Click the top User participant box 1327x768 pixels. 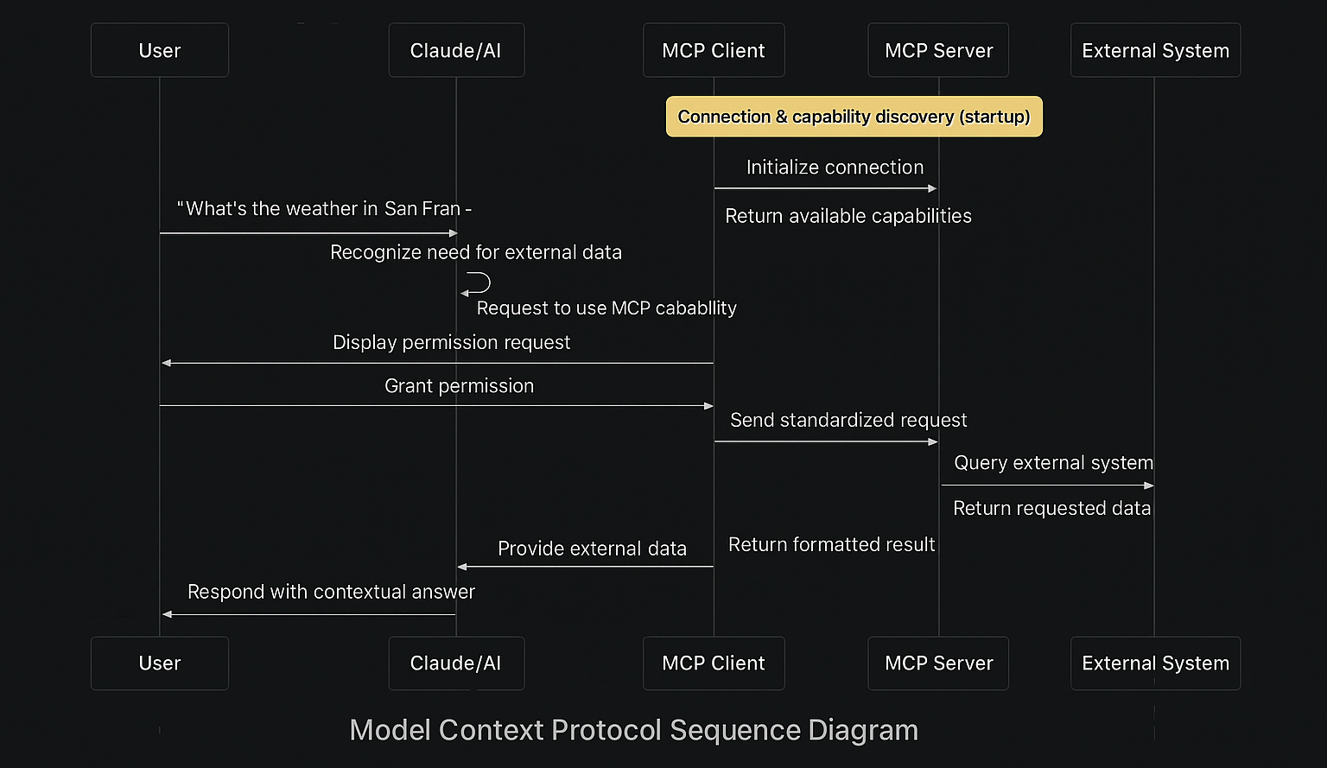point(160,51)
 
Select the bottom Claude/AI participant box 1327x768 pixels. point(456,663)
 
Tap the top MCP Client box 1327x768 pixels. point(714,51)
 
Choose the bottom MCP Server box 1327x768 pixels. point(938,663)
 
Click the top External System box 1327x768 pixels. point(1155,51)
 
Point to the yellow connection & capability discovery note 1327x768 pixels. point(854,117)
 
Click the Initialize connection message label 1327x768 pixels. point(835,168)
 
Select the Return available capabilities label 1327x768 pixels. point(848,216)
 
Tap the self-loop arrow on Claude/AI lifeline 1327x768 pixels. point(478,283)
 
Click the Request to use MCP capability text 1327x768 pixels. point(606,308)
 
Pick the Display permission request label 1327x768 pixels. point(451,343)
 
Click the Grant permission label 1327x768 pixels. point(459,386)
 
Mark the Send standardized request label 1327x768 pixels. point(848,421)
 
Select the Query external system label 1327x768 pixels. point(1053,463)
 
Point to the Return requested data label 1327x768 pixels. point(1051,509)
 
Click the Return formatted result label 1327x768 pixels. point(831,545)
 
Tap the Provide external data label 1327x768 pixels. point(592,549)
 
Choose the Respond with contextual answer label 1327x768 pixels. point(331,593)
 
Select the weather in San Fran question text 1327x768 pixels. point(324,209)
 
